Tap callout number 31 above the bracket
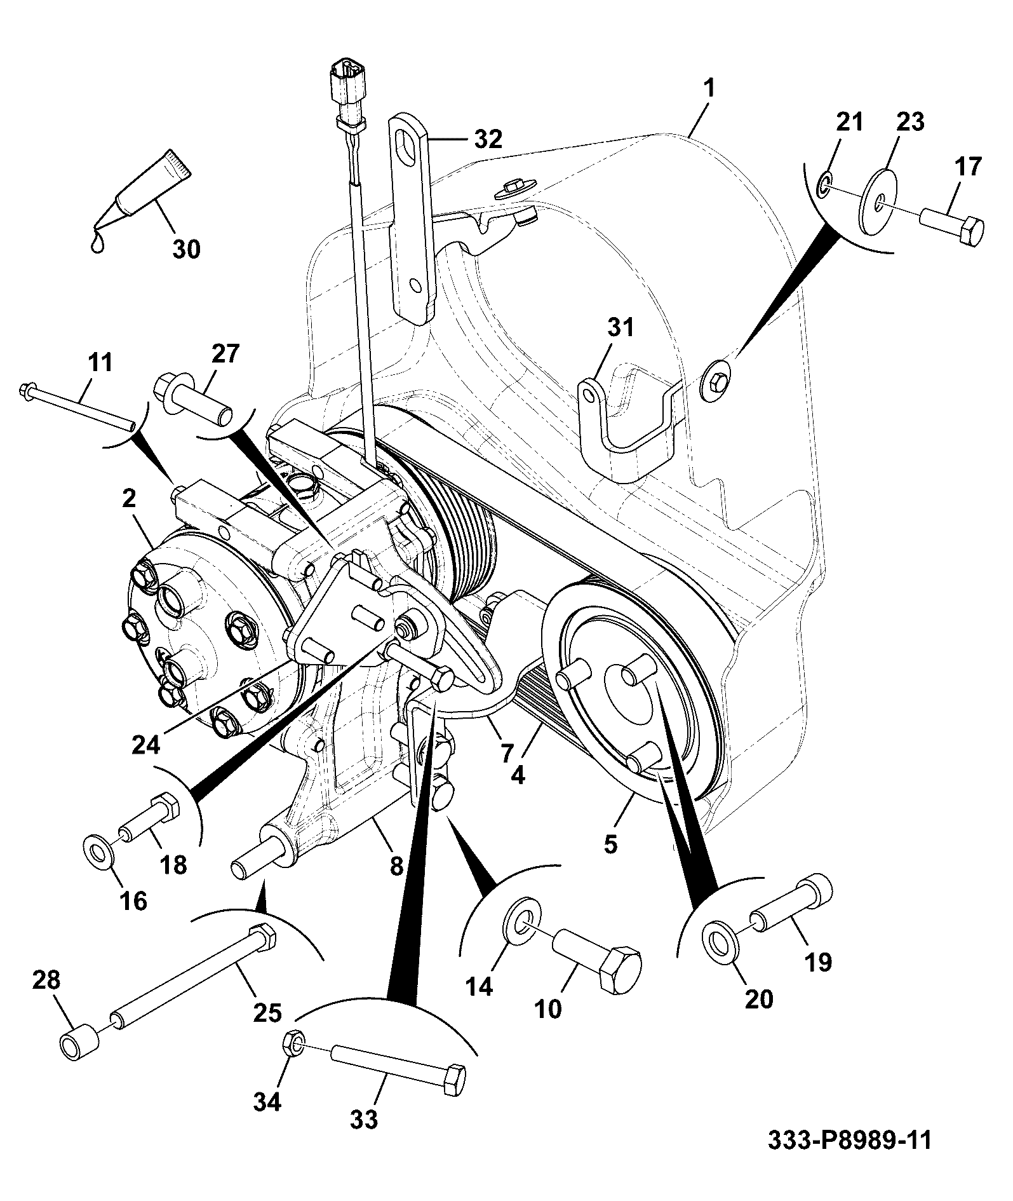(620, 329)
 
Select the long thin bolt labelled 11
(79, 406)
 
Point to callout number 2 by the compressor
(129, 499)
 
